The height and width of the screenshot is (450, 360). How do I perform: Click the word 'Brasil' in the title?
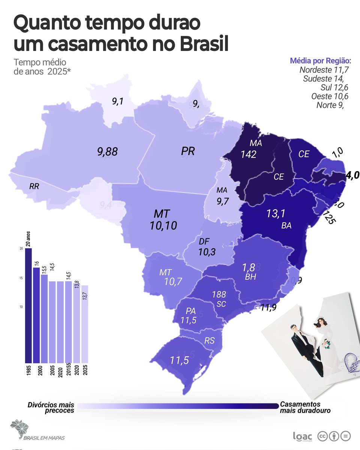[x=204, y=43]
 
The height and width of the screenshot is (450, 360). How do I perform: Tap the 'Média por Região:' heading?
[x=321, y=61]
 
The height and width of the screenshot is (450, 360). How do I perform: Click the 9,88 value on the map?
[x=107, y=151]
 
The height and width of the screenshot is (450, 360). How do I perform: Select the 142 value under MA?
[x=248, y=154]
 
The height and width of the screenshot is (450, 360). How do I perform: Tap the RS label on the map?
[x=210, y=340]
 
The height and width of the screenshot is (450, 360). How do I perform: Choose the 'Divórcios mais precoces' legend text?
[x=51, y=408]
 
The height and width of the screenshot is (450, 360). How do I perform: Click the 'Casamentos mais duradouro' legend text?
[x=305, y=408]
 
